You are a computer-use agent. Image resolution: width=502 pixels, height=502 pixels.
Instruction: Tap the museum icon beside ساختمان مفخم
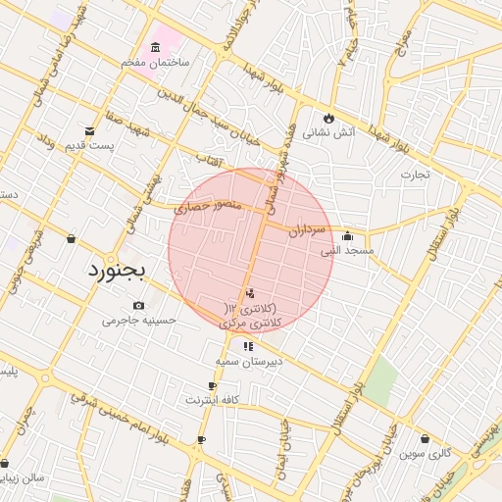pyautogui.click(x=156, y=48)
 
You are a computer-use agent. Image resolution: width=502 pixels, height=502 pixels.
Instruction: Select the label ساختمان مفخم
pyautogui.click(x=155, y=62)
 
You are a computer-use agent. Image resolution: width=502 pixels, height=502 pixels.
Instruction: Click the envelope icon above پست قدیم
pyautogui.click(x=90, y=131)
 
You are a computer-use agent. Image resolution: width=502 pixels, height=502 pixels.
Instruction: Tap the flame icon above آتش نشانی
pyautogui.click(x=328, y=120)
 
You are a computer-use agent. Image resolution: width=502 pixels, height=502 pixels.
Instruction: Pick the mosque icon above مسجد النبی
pyautogui.click(x=347, y=236)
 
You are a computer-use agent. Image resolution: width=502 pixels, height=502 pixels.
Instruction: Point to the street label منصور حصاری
pyautogui.click(x=206, y=207)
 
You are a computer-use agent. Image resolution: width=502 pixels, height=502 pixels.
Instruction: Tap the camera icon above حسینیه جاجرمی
pyautogui.click(x=138, y=306)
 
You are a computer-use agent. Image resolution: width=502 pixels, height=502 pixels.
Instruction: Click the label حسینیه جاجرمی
pyautogui.click(x=138, y=320)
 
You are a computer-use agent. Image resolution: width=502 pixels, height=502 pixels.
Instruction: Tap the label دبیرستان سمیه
pyautogui.click(x=249, y=361)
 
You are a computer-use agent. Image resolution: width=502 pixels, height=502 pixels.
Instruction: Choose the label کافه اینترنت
pyautogui.click(x=212, y=400)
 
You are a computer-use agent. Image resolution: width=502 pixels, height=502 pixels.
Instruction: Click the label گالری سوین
pyautogui.click(x=425, y=454)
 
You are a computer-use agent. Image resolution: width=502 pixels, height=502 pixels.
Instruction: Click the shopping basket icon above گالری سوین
pyautogui.click(x=425, y=439)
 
